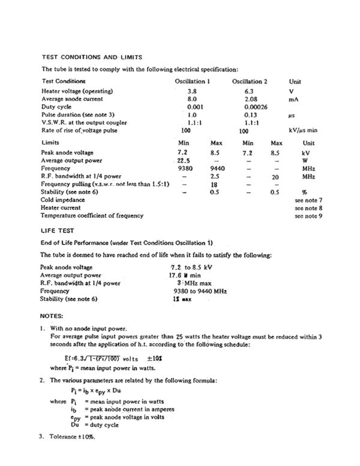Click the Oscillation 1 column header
192,81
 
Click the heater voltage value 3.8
192,91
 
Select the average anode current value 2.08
251,98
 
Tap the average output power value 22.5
184,161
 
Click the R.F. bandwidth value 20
276,177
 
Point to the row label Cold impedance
63,199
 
